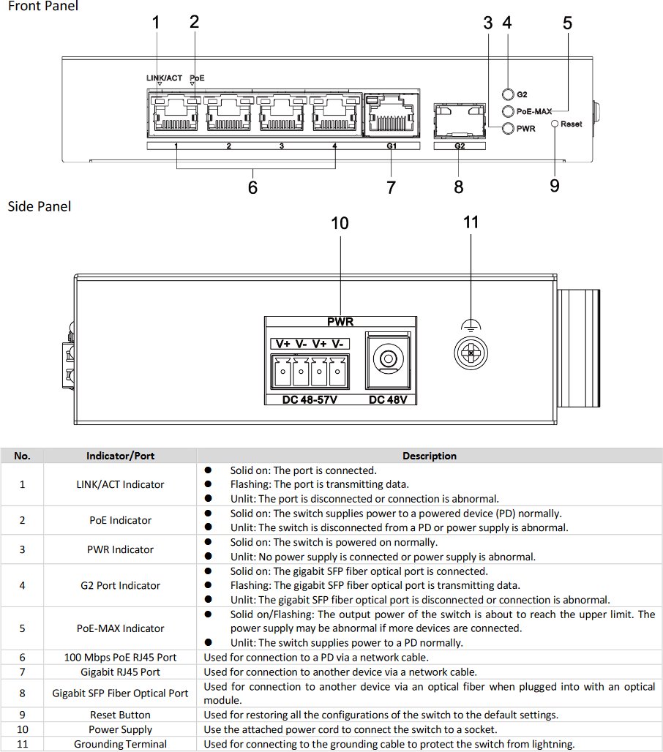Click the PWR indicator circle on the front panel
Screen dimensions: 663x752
click(x=508, y=129)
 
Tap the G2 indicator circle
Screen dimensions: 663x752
click(x=508, y=94)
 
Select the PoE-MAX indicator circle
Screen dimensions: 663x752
click(x=508, y=111)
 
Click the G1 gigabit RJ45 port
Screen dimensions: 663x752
click(x=391, y=115)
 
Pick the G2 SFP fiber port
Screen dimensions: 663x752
click(x=459, y=121)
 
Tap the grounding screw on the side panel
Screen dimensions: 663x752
click(x=471, y=353)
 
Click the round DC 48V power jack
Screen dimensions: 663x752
click(x=388, y=358)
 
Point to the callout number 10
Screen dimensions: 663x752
click(x=340, y=223)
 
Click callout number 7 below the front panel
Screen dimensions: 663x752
click(x=391, y=187)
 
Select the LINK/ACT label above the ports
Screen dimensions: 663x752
click(x=164, y=78)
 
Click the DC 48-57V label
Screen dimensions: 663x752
click(x=310, y=399)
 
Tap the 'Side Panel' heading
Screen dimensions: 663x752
click(x=40, y=207)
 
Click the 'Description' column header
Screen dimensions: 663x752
click(x=430, y=456)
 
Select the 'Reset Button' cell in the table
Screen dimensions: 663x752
click(x=120, y=715)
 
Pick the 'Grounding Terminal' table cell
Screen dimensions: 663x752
click(x=120, y=744)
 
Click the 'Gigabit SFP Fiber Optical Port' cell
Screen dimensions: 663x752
click(x=120, y=693)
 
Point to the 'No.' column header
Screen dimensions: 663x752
click(x=22, y=456)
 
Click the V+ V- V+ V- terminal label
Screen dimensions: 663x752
click(x=310, y=344)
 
